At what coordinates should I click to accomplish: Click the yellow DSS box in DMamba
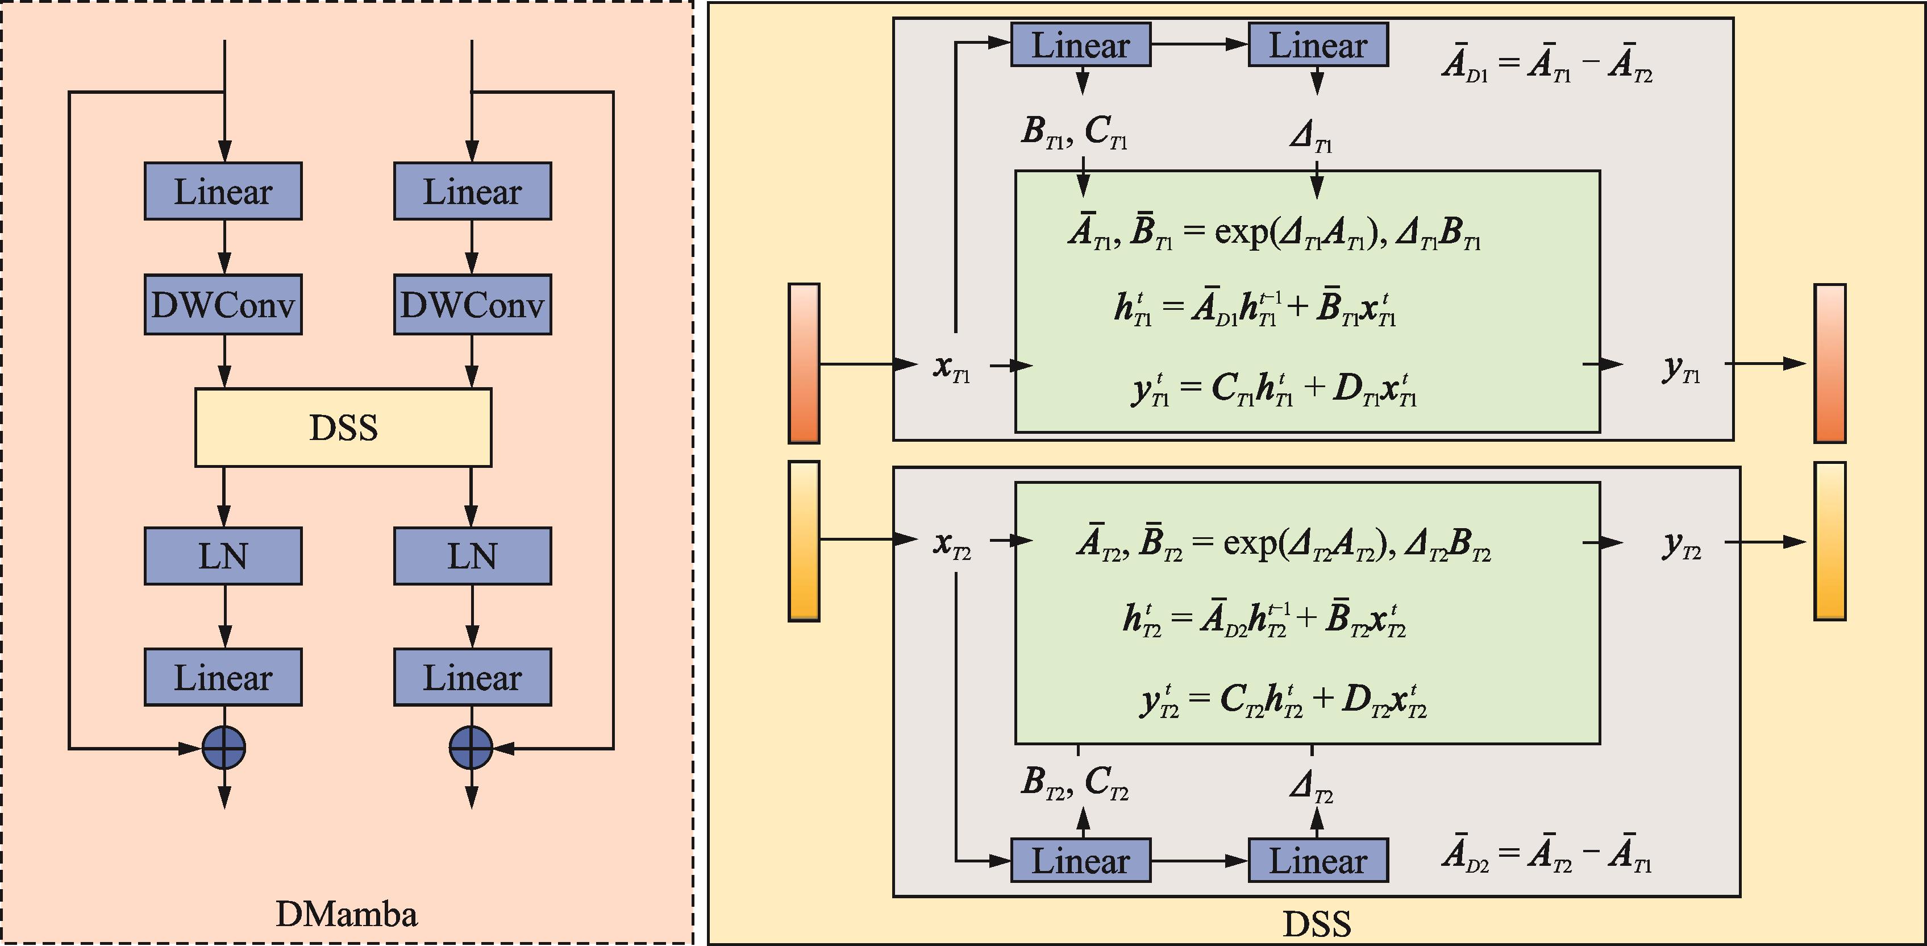point(343,428)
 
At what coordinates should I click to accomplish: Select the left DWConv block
point(223,305)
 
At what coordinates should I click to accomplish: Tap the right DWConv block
point(472,305)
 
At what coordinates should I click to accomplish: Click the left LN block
point(223,556)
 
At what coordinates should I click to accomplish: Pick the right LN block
point(472,556)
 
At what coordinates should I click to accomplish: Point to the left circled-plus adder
point(224,747)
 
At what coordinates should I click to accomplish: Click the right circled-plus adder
point(471,747)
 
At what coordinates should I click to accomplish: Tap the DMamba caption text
point(346,914)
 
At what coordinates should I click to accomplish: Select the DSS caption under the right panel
point(1317,924)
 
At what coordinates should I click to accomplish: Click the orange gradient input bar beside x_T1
point(804,363)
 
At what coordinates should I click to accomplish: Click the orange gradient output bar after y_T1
point(1830,363)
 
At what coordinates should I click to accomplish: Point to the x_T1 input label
point(951,367)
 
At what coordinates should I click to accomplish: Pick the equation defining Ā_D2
point(1547,856)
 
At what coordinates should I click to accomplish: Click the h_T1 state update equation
point(1255,308)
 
